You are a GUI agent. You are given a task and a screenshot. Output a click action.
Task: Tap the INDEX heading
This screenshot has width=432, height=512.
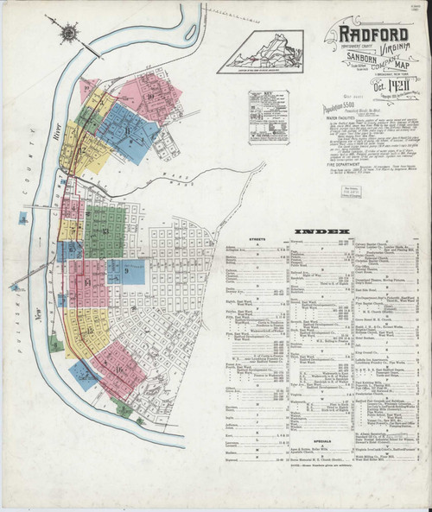(323, 232)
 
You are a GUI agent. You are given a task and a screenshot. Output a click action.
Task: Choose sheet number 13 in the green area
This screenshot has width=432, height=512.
(104, 231)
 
